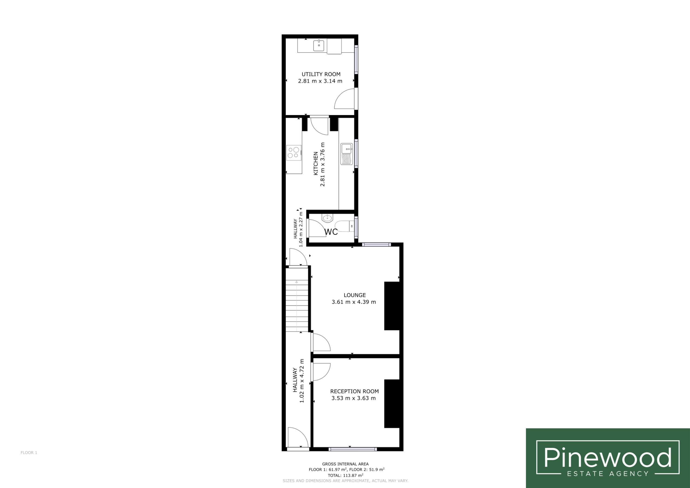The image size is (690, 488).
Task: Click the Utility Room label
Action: pyautogui.click(x=321, y=74)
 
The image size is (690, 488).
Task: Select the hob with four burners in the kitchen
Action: pyautogui.click(x=294, y=152)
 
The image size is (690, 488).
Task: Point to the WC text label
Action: pyautogui.click(x=331, y=232)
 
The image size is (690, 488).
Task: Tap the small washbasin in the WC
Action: pyautogui.click(x=327, y=218)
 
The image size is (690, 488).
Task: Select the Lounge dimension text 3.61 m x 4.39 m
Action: pyautogui.click(x=354, y=302)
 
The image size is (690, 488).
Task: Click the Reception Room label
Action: pyautogui.click(x=354, y=391)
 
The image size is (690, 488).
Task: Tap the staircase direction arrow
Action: pyautogui.click(x=296, y=305)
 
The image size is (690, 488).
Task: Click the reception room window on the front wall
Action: pyautogui.click(x=352, y=449)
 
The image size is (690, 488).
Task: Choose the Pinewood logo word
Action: pyautogui.click(x=608, y=457)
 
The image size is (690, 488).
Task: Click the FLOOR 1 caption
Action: pyautogui.click(x=29, y=452)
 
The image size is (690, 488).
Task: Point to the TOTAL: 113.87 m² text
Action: pyautogui.click(x=345, y=475)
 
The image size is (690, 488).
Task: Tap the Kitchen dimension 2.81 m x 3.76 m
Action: pyautogui.click(x=322, y=164)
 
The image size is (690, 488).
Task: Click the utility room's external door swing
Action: pyautogui.click(x=344, y=99)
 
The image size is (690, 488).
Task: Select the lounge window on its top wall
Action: pyautogui.click(x=376, y=245)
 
